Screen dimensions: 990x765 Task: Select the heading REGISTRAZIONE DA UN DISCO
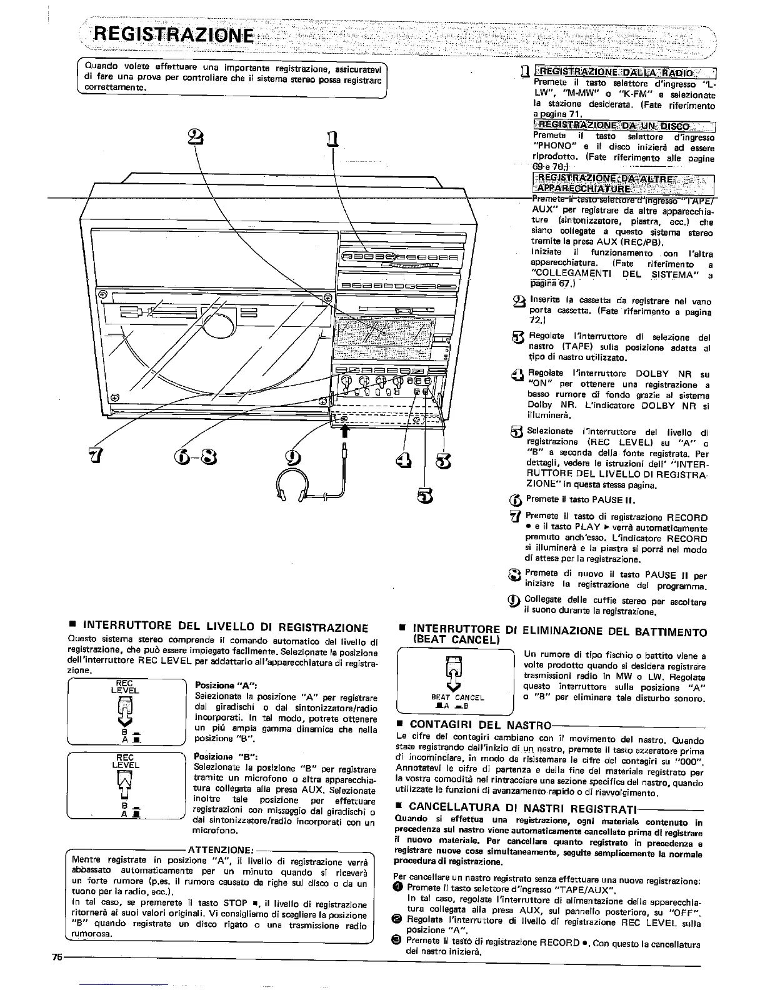pyautogui.click(x=617, y=127)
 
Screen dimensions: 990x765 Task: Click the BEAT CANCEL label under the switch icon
pyautogui.click(x=457, y=697)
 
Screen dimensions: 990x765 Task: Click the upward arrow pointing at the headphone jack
pyautogui.click(x=343, y=431)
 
